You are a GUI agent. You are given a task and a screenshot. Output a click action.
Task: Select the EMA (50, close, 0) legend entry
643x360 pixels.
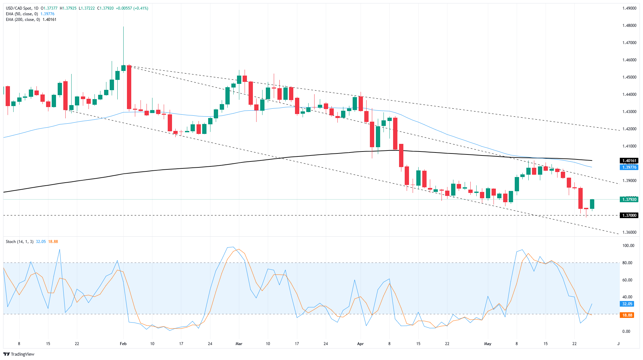pyautogui.click(x=22, y=14)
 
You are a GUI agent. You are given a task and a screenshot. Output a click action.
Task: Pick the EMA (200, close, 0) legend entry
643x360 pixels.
pyautogui.click(x=23, y=20)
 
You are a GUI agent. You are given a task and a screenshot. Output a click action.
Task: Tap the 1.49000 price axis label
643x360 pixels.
pyautogui.click(x=629, y=8)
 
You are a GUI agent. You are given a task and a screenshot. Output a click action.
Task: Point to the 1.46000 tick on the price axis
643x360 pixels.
pyautogui.click(x=629, y=60)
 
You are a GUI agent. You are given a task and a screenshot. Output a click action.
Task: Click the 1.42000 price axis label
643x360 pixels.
pyautogui.click(x=629, y=129)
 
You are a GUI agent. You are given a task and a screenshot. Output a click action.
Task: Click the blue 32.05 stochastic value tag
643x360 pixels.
pyautogui.click(x=627, y=304)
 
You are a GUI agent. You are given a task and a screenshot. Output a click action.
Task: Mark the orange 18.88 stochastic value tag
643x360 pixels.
pyautogui.click(x=627, y=315)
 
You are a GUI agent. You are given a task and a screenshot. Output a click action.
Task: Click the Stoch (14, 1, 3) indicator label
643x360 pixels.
pyautogui.click(x=20, y=242)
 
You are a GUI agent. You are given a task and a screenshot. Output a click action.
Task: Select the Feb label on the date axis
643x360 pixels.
pyautogui.click(x=123, y=344)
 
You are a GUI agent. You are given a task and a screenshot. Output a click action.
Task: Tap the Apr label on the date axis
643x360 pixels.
pyautogui.click(x=361, y=344)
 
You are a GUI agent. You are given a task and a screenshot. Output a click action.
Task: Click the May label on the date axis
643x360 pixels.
pyautogui.click(x=488, y=344)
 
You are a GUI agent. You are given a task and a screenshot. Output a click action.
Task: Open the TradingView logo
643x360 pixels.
pyautogui.click(x=19, y=354)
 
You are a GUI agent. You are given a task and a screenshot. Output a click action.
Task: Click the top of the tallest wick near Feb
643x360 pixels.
pyautogui.click(x=123, y=27)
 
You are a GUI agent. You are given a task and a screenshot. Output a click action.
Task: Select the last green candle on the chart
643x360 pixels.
pyautogui.click(x=592, y=204)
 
